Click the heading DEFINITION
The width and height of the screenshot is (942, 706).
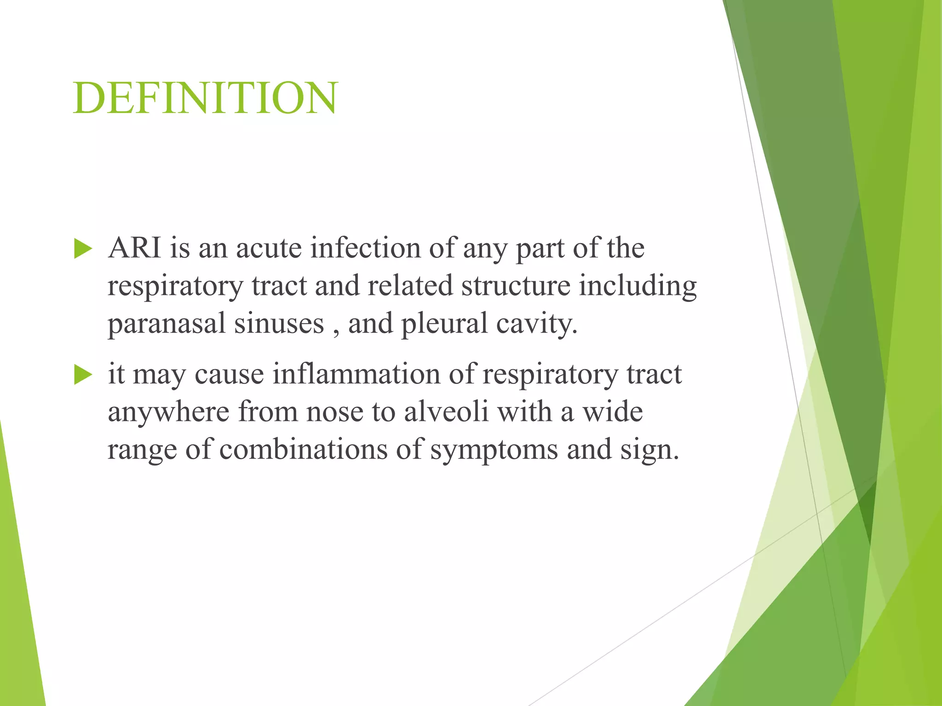(x=206, y=98)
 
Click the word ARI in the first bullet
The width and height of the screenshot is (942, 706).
(x=134, y=248)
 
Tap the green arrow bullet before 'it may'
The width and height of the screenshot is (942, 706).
(x=83, y=375)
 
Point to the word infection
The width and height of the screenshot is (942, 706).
(x=366, y=248)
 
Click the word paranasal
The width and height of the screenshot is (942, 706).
(x=167, y=324)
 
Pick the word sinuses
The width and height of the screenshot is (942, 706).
(x=279, y=323)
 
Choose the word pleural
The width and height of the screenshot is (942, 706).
(x=444, y=323)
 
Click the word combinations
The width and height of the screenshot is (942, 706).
(x=304, y=449)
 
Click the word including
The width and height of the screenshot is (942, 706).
(x=638, y=286)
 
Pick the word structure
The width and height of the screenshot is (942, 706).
(x=516, y=285)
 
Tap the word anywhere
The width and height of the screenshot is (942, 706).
(x=168, y=412)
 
